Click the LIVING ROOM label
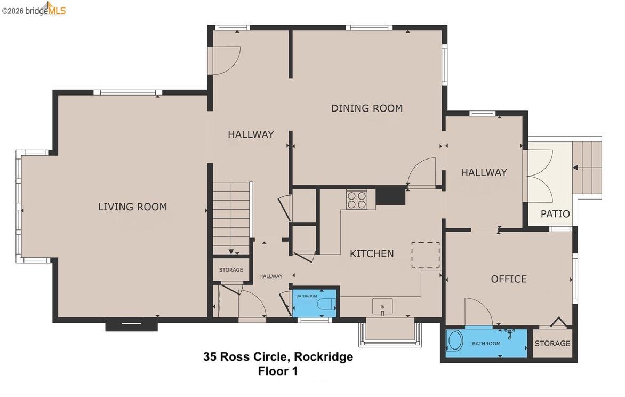point(132,207)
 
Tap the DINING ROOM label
point(367,108)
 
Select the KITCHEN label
point(372,254)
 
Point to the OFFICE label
point(509,279)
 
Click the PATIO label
point(555,214)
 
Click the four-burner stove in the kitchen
point(357,200)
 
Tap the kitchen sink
point(382,306)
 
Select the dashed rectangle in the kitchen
point(426,255)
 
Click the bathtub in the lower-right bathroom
point(454,341)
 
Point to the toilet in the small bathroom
point(326,305)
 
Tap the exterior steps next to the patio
point(587,168)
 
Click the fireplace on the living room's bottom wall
point(131,324)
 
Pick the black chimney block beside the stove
point(390,195)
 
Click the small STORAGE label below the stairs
point(231,270)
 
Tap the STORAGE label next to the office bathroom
point(552,343)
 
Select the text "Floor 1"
point(277,371)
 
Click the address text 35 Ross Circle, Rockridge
point(278,357)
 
